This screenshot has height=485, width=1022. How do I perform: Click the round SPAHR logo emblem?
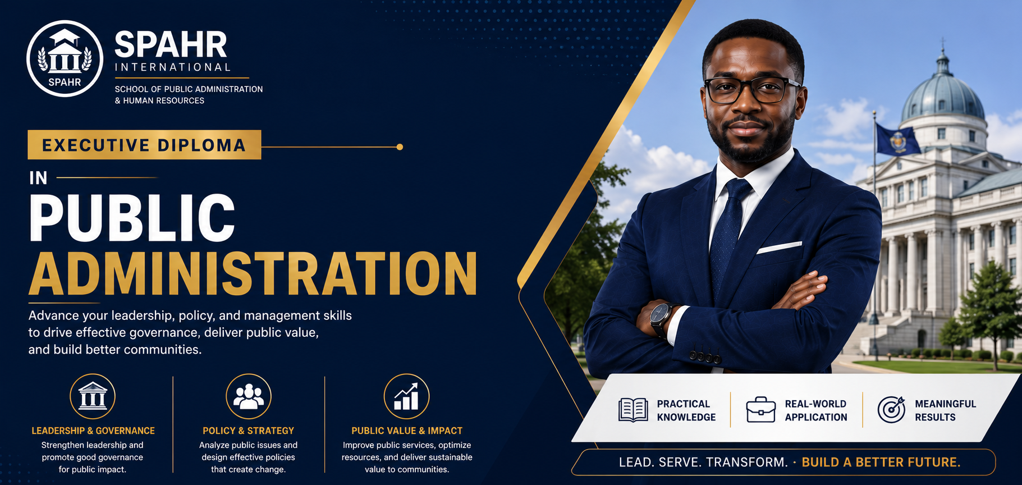point(65,58)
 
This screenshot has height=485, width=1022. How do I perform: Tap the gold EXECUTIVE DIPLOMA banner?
point(144,145)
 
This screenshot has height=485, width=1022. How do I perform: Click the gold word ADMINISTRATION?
point(253,273)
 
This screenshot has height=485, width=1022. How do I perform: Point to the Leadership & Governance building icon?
point(93,396)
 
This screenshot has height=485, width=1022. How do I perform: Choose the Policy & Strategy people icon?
point(249,396)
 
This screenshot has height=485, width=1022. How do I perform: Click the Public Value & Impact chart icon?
point(406,396)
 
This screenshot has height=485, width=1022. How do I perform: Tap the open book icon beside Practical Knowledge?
point(633,410)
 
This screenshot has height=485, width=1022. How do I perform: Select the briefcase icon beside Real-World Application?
point(761,409)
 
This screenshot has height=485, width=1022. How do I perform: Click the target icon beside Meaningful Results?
point(891,409)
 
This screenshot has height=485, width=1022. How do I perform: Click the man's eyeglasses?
point(752,90)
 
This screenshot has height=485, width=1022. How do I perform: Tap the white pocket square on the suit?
point(780,247)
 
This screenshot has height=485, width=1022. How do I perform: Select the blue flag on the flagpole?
point(897,140)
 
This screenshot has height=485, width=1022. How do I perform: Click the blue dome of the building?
point(942,97)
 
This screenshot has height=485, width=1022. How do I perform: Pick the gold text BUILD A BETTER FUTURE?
point(881,463)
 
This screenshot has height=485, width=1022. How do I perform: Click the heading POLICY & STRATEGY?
point(248,431)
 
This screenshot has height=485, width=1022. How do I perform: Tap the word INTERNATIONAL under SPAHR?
point(173,67)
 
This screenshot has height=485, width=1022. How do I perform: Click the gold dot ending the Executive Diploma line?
point(400,147)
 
